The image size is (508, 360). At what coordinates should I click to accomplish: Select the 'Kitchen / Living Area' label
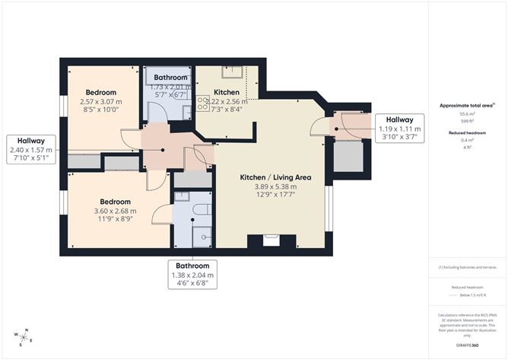[x=268, y=177]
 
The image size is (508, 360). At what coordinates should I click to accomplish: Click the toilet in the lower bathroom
[x=199, y=209]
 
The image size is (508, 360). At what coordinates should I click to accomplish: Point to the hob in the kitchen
[x=203, y=103]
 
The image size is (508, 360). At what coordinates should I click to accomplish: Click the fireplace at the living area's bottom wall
[x=271, y=241]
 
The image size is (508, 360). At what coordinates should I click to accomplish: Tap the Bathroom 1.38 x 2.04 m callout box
[x=190, y=275]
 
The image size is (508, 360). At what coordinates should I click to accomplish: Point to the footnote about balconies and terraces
[x=468, y=267]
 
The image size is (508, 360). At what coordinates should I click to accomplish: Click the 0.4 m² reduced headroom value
[x=468, y=139]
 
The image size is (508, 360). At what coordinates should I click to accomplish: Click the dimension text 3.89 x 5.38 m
[x=268, y=186]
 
